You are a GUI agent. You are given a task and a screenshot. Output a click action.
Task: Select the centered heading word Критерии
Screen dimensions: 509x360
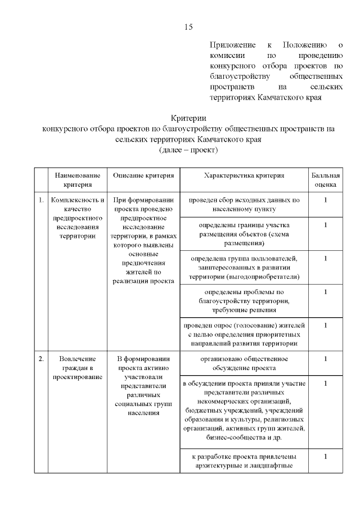(188, 118)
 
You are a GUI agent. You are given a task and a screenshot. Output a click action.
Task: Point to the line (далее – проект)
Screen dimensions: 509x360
(188, 150)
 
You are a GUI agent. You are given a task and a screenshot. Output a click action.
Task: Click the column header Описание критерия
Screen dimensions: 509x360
(143, 175)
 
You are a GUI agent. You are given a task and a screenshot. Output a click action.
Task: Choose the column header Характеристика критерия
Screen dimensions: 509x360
(244, 175)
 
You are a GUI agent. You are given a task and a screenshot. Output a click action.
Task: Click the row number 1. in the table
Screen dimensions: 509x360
(41, 200)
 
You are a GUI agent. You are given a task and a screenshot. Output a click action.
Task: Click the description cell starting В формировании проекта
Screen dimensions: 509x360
(143, 385)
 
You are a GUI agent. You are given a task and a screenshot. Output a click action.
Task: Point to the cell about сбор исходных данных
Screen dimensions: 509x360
(244, 204)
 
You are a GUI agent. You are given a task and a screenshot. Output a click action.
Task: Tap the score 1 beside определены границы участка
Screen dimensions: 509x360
(326, 225)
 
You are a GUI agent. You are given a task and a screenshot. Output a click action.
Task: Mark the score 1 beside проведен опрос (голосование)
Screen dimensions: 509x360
(326, 325)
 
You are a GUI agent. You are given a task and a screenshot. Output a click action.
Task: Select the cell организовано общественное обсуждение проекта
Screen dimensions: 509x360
(244, 363)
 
